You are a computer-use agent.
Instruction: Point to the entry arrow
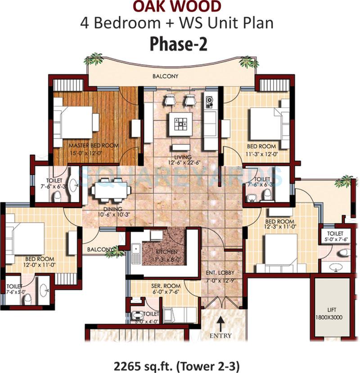point(220,324)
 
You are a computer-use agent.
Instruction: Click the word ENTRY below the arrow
point(220,336)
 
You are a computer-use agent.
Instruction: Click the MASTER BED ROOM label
point(94,146)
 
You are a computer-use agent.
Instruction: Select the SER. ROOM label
point(166,286)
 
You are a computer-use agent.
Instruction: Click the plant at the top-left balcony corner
point(95,59)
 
